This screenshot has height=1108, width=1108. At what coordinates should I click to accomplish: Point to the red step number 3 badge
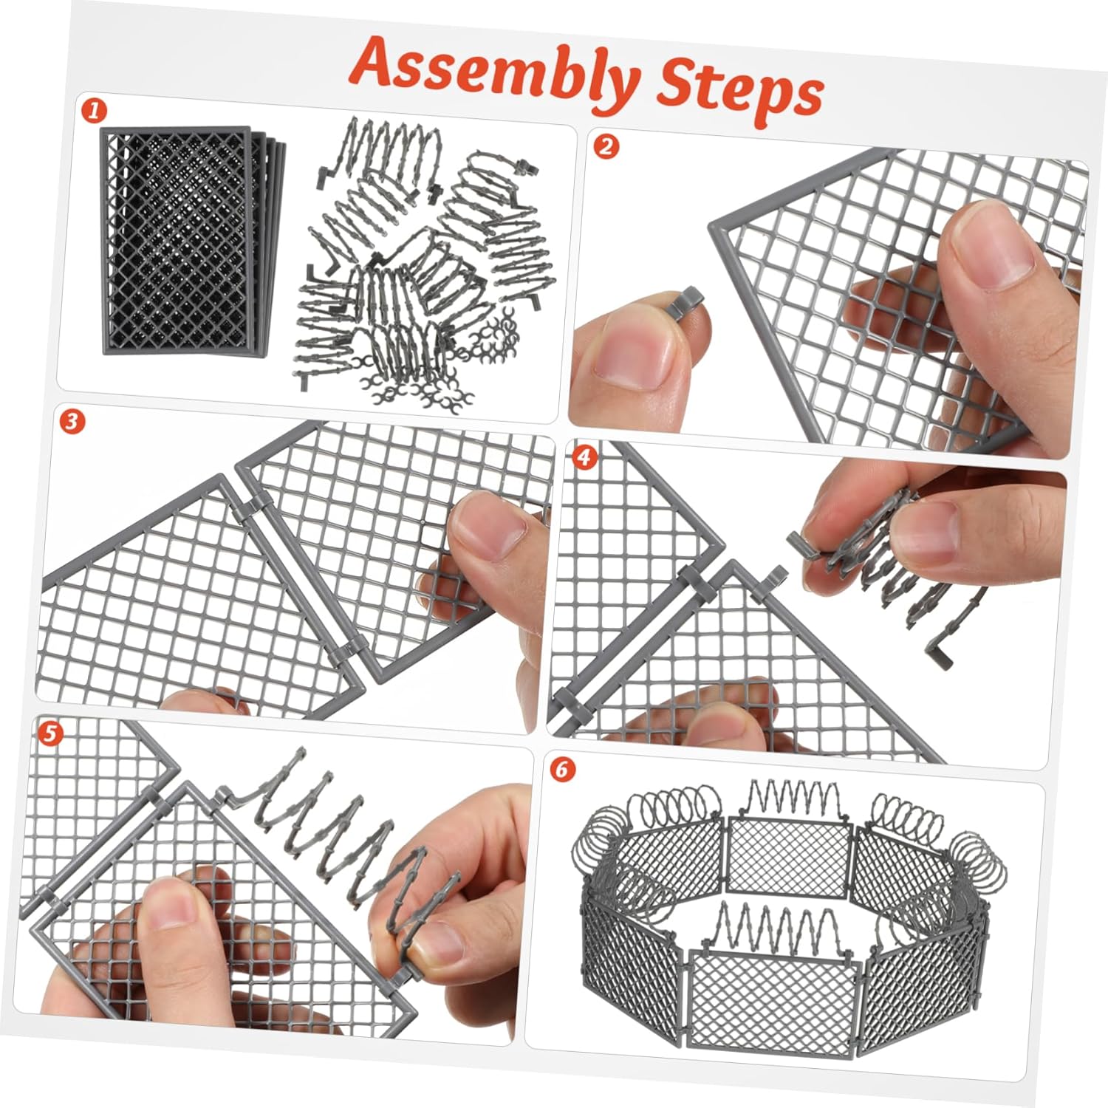click(72, 422)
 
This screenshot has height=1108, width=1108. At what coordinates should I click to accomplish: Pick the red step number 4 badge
click(584, 458)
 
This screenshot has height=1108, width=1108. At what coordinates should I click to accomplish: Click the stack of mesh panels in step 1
click(193, 242)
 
